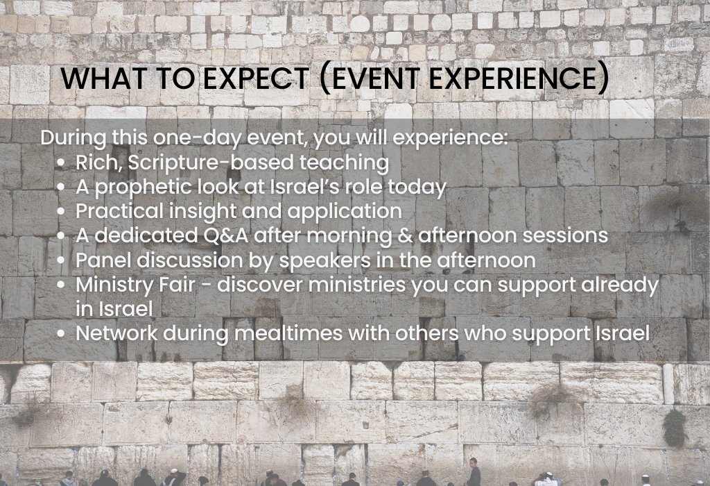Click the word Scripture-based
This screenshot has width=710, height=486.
coord(211,162)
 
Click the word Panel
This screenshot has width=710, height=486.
coord(104,260)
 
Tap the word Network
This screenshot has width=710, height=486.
coord(116,334)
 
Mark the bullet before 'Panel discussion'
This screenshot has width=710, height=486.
coord(61,261)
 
